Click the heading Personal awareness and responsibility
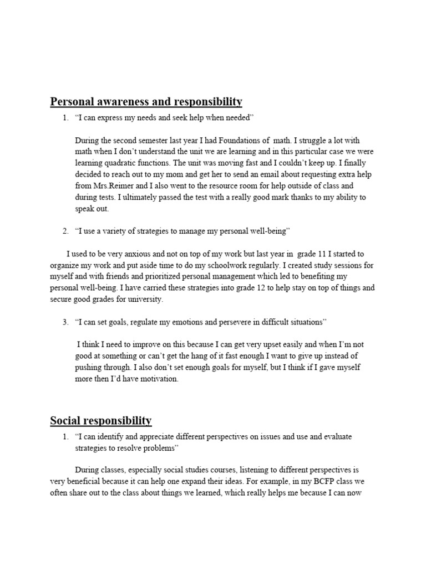(146, 102)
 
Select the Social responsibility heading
(101, 421)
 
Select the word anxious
(136, 254)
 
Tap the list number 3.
(65, 322)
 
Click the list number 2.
(65, 231)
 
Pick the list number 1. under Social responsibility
(65, 437)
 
